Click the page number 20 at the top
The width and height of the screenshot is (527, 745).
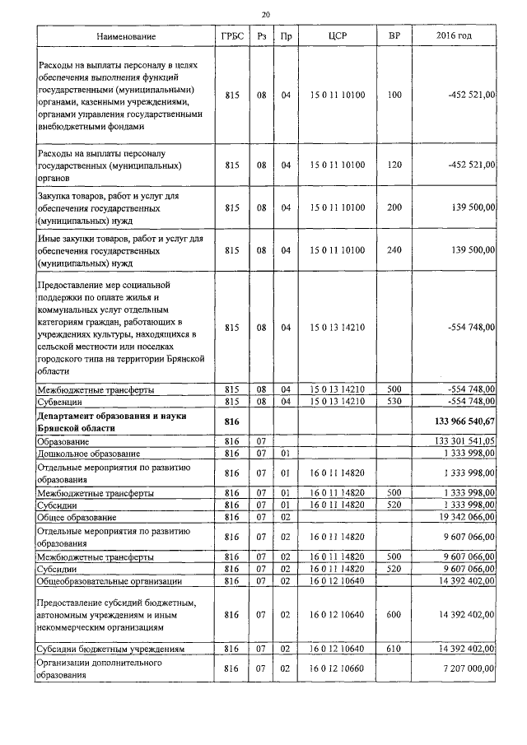(264, 14)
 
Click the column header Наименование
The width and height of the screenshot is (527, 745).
(125, 37)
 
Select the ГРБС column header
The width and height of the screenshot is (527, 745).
(231, 37)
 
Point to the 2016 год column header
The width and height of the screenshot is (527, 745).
(454, 37)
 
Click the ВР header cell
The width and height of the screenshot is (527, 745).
(394, 37)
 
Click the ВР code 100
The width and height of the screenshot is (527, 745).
(394, 95)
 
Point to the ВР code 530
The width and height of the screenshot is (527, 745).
(394, 401)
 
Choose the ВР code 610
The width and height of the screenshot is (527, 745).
(394, 649)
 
